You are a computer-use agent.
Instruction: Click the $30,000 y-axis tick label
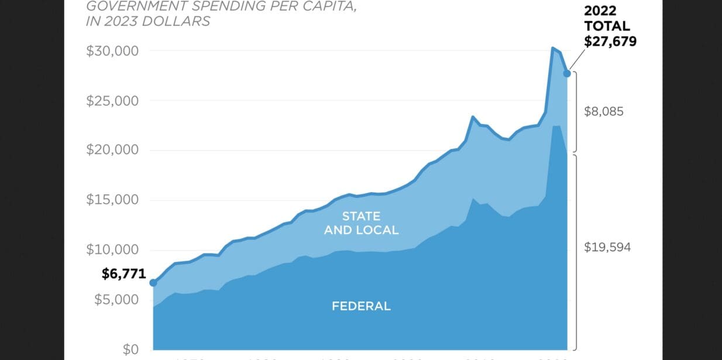[x=112, y=51]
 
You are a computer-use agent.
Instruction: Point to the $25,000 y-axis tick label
[x=112, y=101]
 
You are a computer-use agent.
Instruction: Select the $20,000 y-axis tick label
[x=112, y=150]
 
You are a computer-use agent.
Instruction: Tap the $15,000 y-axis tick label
[x=112, y=200]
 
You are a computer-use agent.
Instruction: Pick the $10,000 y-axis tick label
[x=112, y=250]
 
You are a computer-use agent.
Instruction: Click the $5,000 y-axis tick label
[x=116, y=300]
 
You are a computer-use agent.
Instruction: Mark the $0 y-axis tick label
[x=130, y=349]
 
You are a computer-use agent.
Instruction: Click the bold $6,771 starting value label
[x=123, y=273]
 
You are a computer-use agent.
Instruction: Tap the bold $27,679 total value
[x=610, y=41]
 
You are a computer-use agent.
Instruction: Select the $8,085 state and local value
[x=604, y=111]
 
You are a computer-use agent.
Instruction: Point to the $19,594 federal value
[x=607, y=247]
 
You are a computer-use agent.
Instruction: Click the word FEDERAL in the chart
[x=361, y=306]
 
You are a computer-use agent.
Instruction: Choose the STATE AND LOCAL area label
[x=361, y=223]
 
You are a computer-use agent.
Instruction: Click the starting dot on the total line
[x=153, y=283]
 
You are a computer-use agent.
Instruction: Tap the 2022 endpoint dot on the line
[x=567, y=73]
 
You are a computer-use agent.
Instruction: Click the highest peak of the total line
[x=553, y=47]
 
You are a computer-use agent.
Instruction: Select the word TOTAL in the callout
[x=607, y=26]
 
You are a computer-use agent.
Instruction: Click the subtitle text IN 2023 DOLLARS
[x=149, y=22]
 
